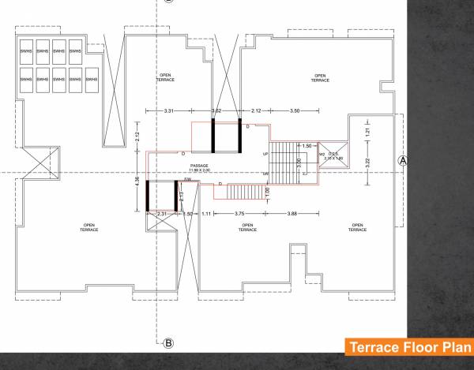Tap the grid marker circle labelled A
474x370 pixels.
coord(404,159)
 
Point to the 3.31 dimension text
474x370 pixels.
coord(169,111)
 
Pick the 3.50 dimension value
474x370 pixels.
coord(295,111)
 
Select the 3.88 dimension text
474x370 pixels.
coord(292,214)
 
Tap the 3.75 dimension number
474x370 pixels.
coord(239,214)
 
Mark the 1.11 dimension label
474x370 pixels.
coord(205,214)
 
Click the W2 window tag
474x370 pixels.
coord(322,154)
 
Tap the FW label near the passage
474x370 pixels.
coord(187,180)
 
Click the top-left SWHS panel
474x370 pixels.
coord(25,51)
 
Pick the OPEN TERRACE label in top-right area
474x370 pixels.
coord(320,78)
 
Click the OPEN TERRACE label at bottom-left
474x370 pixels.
coord(88,227)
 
